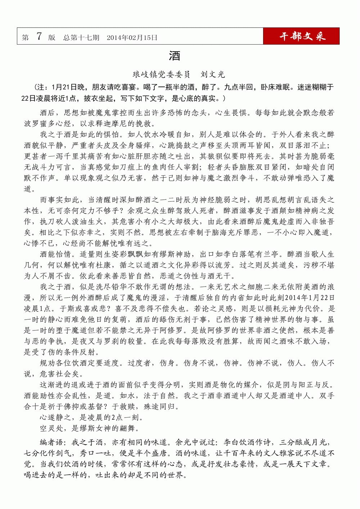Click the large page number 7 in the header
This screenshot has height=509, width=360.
39,36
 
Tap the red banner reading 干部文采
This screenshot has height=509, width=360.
302,36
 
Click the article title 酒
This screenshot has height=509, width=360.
175,56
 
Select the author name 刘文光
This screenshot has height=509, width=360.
213,75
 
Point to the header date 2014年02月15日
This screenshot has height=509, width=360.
132,37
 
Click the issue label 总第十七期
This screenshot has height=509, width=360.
81,37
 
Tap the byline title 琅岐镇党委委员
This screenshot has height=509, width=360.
161,75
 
